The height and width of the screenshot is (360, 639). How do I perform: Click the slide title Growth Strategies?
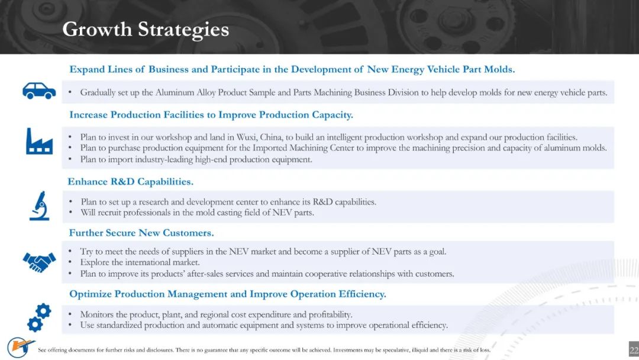pos(146,30)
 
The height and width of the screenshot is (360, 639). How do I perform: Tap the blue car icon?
pos(39,91)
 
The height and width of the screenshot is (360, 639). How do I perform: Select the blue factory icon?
pos(39,141)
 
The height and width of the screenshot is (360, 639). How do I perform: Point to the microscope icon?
pos(40,205)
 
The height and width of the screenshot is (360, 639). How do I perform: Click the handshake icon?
pos(39,262)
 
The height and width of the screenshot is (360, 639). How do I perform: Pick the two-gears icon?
pos(39,317)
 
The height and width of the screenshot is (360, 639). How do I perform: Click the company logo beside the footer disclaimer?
pos(20,348)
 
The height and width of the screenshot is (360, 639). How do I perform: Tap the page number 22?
pos(634,350)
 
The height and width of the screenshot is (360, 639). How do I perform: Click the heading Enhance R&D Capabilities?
pos(130,182)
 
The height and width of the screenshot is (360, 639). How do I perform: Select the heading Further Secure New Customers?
pos(141,233)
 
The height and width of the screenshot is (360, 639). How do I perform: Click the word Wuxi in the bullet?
pos(246,137)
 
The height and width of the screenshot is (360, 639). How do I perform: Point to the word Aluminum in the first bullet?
pos(175,92)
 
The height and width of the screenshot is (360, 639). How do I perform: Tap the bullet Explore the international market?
pos(140,262)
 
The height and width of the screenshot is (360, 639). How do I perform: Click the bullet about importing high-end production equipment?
pos(196,159)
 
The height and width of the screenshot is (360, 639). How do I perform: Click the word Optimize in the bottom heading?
pos(90,294)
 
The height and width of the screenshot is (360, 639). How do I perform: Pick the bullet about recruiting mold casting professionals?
pos(197,213)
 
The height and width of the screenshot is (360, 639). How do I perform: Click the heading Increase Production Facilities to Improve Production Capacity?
pos(211,115)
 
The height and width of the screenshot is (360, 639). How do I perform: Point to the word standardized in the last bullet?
pos(118,325)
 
